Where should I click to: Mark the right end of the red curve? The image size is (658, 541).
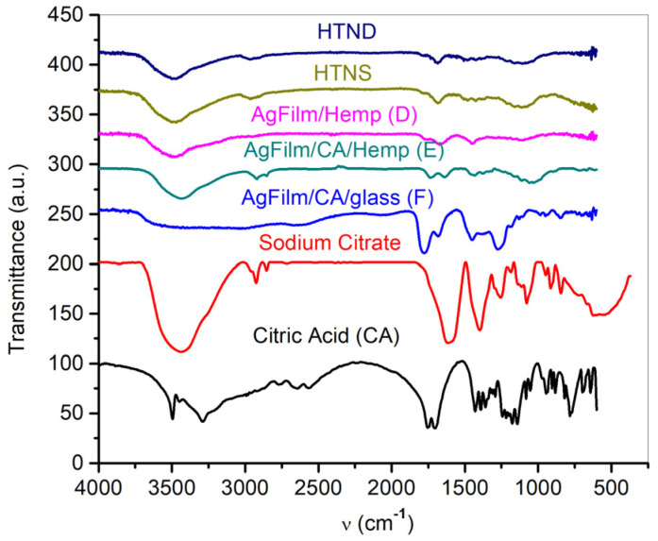coord(630,276)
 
